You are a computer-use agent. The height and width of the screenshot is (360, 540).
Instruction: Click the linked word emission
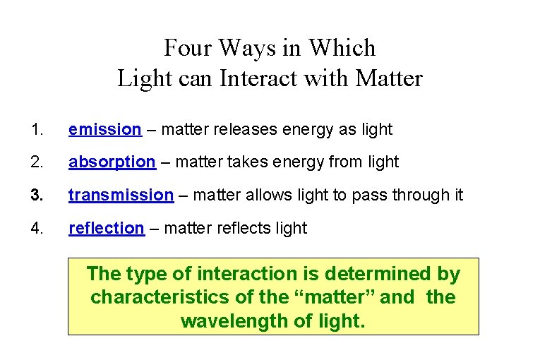pos(104,129)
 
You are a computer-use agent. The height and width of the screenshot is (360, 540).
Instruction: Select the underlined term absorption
pos(112,162)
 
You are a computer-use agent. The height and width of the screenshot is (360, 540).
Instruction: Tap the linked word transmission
pos(121,195)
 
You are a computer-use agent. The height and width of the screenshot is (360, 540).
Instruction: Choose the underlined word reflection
pos(106,228)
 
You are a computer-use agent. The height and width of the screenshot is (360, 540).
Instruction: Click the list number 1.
pos(37,129)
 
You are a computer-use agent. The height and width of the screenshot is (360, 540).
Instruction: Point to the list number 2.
pos(37,162)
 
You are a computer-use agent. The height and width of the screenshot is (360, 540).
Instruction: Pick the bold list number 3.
pos(37,195)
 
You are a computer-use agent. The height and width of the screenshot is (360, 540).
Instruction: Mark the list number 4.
pos(37,228)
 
